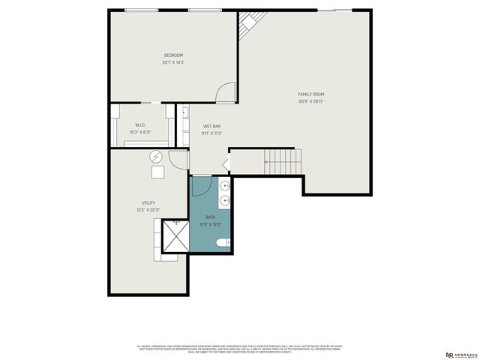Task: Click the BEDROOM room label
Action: [173, 55]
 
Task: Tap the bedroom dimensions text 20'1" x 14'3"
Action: [173, 62]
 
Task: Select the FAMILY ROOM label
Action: [311, 94]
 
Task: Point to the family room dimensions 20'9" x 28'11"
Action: [311, 100]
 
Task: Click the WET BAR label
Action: [211, 126]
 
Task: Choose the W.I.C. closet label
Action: [139, 125]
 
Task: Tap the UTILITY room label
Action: [148, 203]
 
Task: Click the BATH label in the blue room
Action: [210, 217]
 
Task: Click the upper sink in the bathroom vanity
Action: [225, 185]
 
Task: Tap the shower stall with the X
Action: [176, 239]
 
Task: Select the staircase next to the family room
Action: [282, 160]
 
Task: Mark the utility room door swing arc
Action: [178, 159]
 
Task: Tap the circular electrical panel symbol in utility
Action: [156, 157]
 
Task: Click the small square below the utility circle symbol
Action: [157, 172]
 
